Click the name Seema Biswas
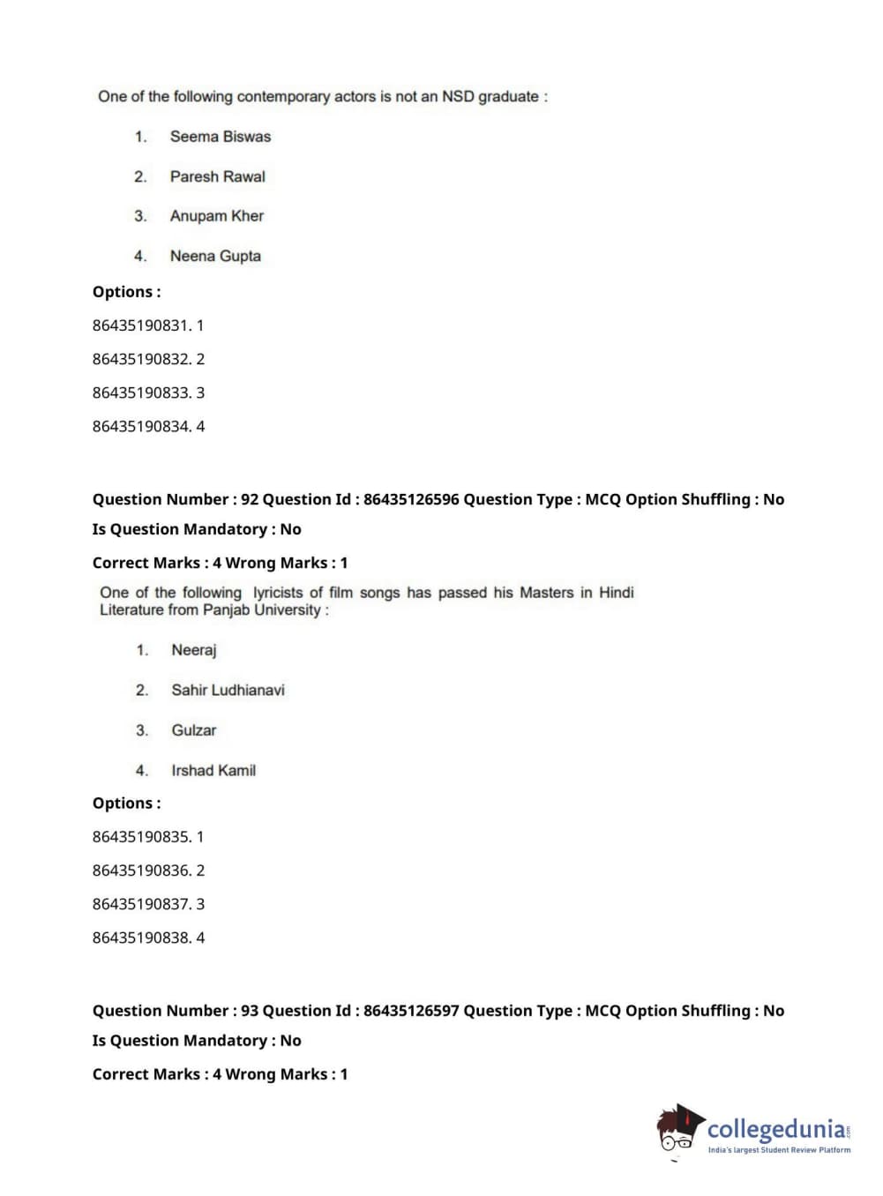click(220, 137)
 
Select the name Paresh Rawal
click(217, 176)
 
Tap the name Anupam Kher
click(216, 216)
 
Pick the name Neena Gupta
click(215, 256)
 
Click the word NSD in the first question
click(458, 96)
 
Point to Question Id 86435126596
click(411, 499)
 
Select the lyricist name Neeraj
click(193, 650)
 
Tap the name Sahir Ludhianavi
click(228, 690)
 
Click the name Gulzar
click(193, 730)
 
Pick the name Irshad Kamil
click(213, 770)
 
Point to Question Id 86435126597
click(411, 1011)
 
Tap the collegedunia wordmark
click(775, 1129)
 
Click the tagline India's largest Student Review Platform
click(779, 1150)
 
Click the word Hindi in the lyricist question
click(616, 593)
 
